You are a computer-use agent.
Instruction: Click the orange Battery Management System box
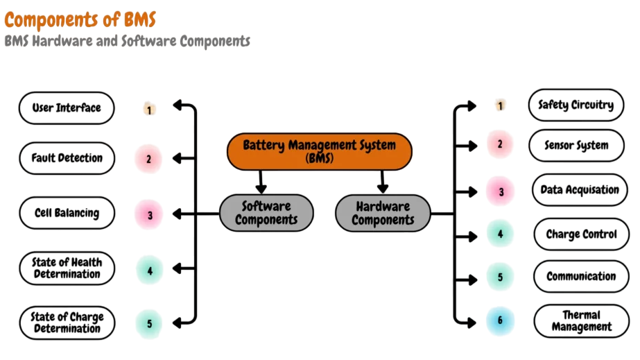[320, 151]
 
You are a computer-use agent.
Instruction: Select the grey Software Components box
[266, 212]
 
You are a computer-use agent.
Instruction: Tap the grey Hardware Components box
[382, 212]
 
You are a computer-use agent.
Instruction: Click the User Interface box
[67, 108]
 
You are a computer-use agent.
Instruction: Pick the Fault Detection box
[67, 158]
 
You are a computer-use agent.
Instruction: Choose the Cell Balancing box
[67, 214]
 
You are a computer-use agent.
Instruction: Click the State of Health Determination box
[67, 268]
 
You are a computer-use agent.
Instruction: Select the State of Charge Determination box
[67, 323]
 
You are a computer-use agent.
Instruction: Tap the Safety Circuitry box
[576, 105]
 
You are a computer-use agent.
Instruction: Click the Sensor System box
[576, 146]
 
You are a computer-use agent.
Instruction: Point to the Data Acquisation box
[580, 190]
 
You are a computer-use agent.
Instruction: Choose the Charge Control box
[581, 234]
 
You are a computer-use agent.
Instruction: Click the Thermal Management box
[581, 321]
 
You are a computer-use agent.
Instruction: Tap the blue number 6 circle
[500, 321]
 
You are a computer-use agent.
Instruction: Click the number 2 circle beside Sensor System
[499, 145]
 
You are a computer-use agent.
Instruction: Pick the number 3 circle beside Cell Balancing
[149, 215]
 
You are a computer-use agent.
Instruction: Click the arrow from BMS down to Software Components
[261, 182]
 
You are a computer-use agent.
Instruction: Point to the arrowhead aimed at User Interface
[178, 106]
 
